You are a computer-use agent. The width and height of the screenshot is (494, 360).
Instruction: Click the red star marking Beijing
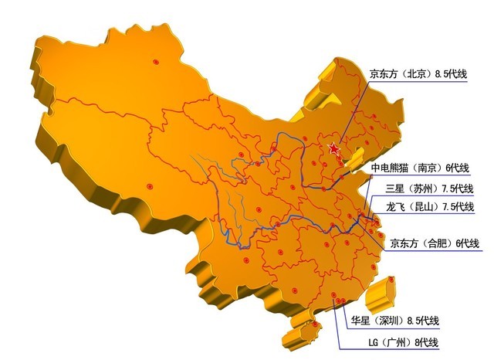coord(333,148)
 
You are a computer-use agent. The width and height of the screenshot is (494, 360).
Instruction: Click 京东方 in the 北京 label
coord(385,75)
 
